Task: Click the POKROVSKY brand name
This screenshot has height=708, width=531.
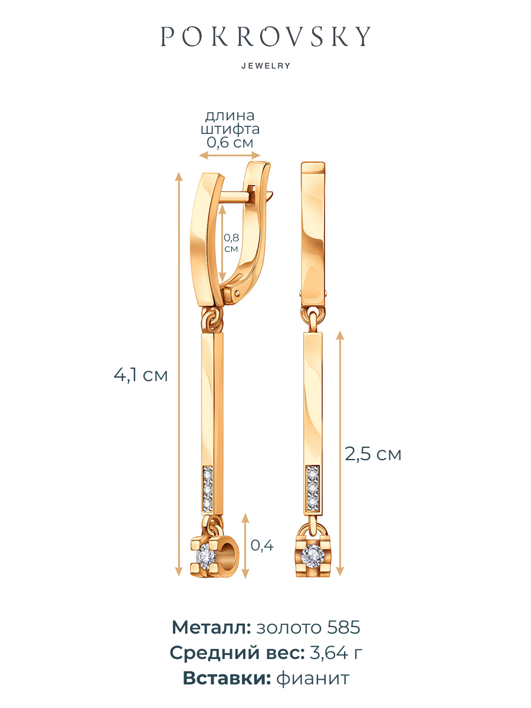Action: (265, 36)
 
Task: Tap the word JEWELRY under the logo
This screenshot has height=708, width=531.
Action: (265, 66)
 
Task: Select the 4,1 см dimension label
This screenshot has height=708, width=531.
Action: (140, 375)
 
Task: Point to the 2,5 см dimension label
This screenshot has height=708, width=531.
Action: (373, 454)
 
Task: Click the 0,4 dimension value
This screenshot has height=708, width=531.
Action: (262, 545)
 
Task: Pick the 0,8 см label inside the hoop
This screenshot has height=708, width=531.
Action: (231, 243)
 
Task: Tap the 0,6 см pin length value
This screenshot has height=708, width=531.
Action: (230, 142)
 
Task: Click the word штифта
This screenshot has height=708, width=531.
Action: (230, 129)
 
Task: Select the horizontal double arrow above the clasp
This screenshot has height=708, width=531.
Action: (230, 156)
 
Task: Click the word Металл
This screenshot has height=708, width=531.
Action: (211, 627)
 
